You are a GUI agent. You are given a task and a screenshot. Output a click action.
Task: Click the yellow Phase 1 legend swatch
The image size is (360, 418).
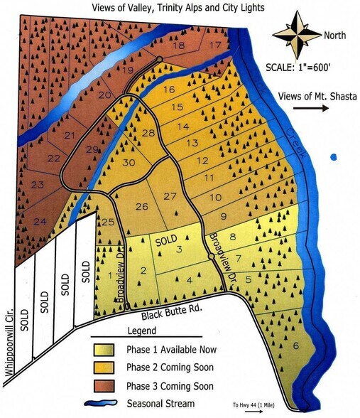[107, 350]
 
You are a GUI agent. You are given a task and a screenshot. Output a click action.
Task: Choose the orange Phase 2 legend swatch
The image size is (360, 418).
[107, 368]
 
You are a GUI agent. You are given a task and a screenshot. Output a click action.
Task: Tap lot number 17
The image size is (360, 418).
[214, 45]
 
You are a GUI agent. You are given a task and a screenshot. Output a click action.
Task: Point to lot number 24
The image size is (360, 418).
[40, 222]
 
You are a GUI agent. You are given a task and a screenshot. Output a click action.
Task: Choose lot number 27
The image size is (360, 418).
[169, 195]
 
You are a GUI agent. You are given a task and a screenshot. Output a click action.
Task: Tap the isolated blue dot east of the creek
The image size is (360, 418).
[333, 156]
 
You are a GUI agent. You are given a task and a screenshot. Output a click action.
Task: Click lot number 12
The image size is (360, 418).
[202, 160]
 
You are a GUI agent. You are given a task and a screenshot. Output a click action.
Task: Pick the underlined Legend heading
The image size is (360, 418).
[141, 332]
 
